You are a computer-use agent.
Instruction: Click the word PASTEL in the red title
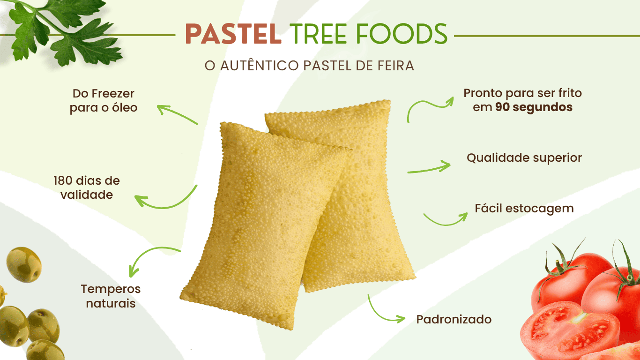(233, 34)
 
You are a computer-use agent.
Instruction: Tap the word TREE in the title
(318, 34)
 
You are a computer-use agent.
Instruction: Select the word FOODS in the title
(402, 34)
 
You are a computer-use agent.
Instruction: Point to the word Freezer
(113, 93)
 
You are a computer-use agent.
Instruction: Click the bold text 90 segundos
(534, 107)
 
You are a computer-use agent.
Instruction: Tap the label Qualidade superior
(524, 157)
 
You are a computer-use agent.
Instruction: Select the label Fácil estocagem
(524, 208)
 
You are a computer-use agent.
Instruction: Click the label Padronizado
(454, 319)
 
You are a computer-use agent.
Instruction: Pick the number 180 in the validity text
(63, 181)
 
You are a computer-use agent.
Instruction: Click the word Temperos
(111, 289)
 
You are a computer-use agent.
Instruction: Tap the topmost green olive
(24, 265)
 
